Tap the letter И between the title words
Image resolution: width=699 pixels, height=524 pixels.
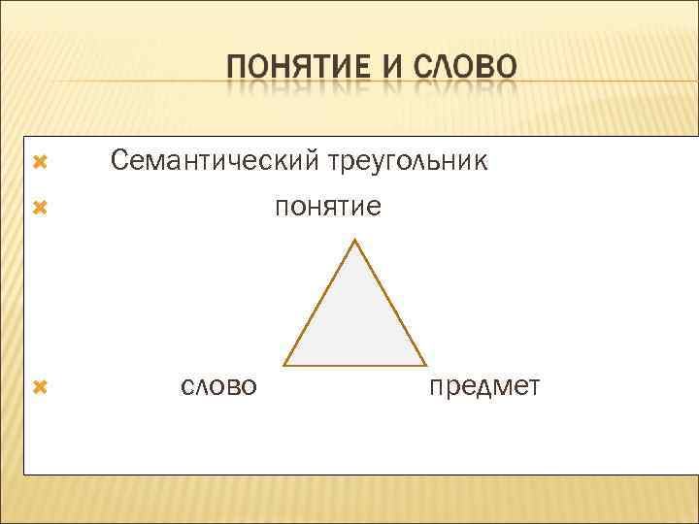(x=388, y=68)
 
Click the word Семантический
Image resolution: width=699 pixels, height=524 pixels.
(x=212, y=160)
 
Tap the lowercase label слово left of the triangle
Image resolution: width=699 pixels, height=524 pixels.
(x=218, y=386)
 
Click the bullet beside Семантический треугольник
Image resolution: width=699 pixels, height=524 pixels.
(x=40, y=158)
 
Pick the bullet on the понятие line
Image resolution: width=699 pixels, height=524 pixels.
(x=40, y=206)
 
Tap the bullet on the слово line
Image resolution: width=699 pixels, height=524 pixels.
(x=40, y=386)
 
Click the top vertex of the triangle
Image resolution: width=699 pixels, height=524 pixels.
(x=356, y=241)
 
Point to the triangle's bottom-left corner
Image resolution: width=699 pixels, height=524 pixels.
(x=284, y=365)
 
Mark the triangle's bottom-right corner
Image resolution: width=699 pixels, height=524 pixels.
(x=426, y=365)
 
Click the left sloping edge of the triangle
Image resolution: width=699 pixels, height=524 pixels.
(x=320, y=303)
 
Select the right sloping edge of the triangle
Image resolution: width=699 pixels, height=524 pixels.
(x=391, y=303)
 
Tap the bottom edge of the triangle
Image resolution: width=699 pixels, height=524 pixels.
(x=355, y=365)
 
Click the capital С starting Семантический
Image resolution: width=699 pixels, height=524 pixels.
(x=119, y=159)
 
